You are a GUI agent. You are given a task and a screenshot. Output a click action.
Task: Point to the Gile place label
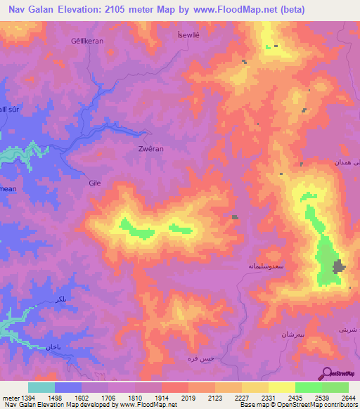[95, 183]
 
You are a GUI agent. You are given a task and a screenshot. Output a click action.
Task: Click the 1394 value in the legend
[27, 398]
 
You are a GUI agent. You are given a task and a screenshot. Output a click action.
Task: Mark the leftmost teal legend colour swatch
[41, 387]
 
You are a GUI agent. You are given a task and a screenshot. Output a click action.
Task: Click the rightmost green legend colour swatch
[335, 387]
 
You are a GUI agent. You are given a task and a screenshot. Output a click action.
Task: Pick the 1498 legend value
[53, 398]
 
